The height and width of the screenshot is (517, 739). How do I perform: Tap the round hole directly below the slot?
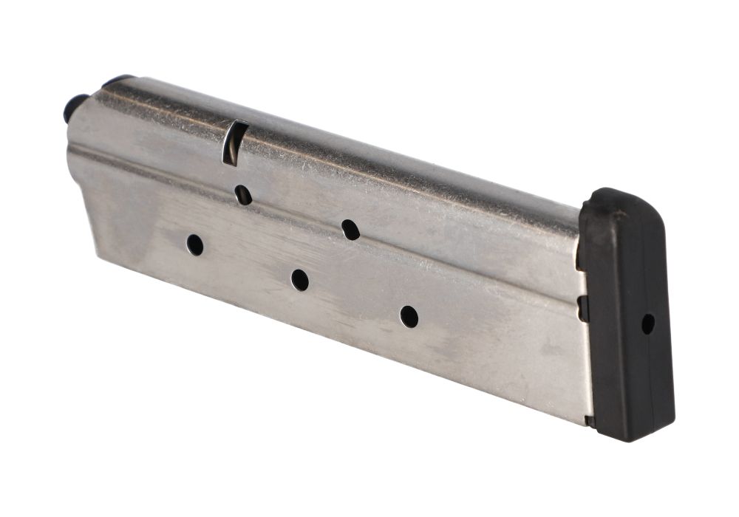(x=243, y=195)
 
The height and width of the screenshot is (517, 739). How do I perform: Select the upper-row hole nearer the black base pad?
(x=350, y=230)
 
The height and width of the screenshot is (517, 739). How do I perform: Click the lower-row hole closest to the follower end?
(x=195, y=244)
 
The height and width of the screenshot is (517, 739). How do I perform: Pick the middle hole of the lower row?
(x=299, y=280)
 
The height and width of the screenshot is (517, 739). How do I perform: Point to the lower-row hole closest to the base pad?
(x=409, y=316)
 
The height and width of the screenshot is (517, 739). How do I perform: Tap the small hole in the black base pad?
(x=647, y=323)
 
